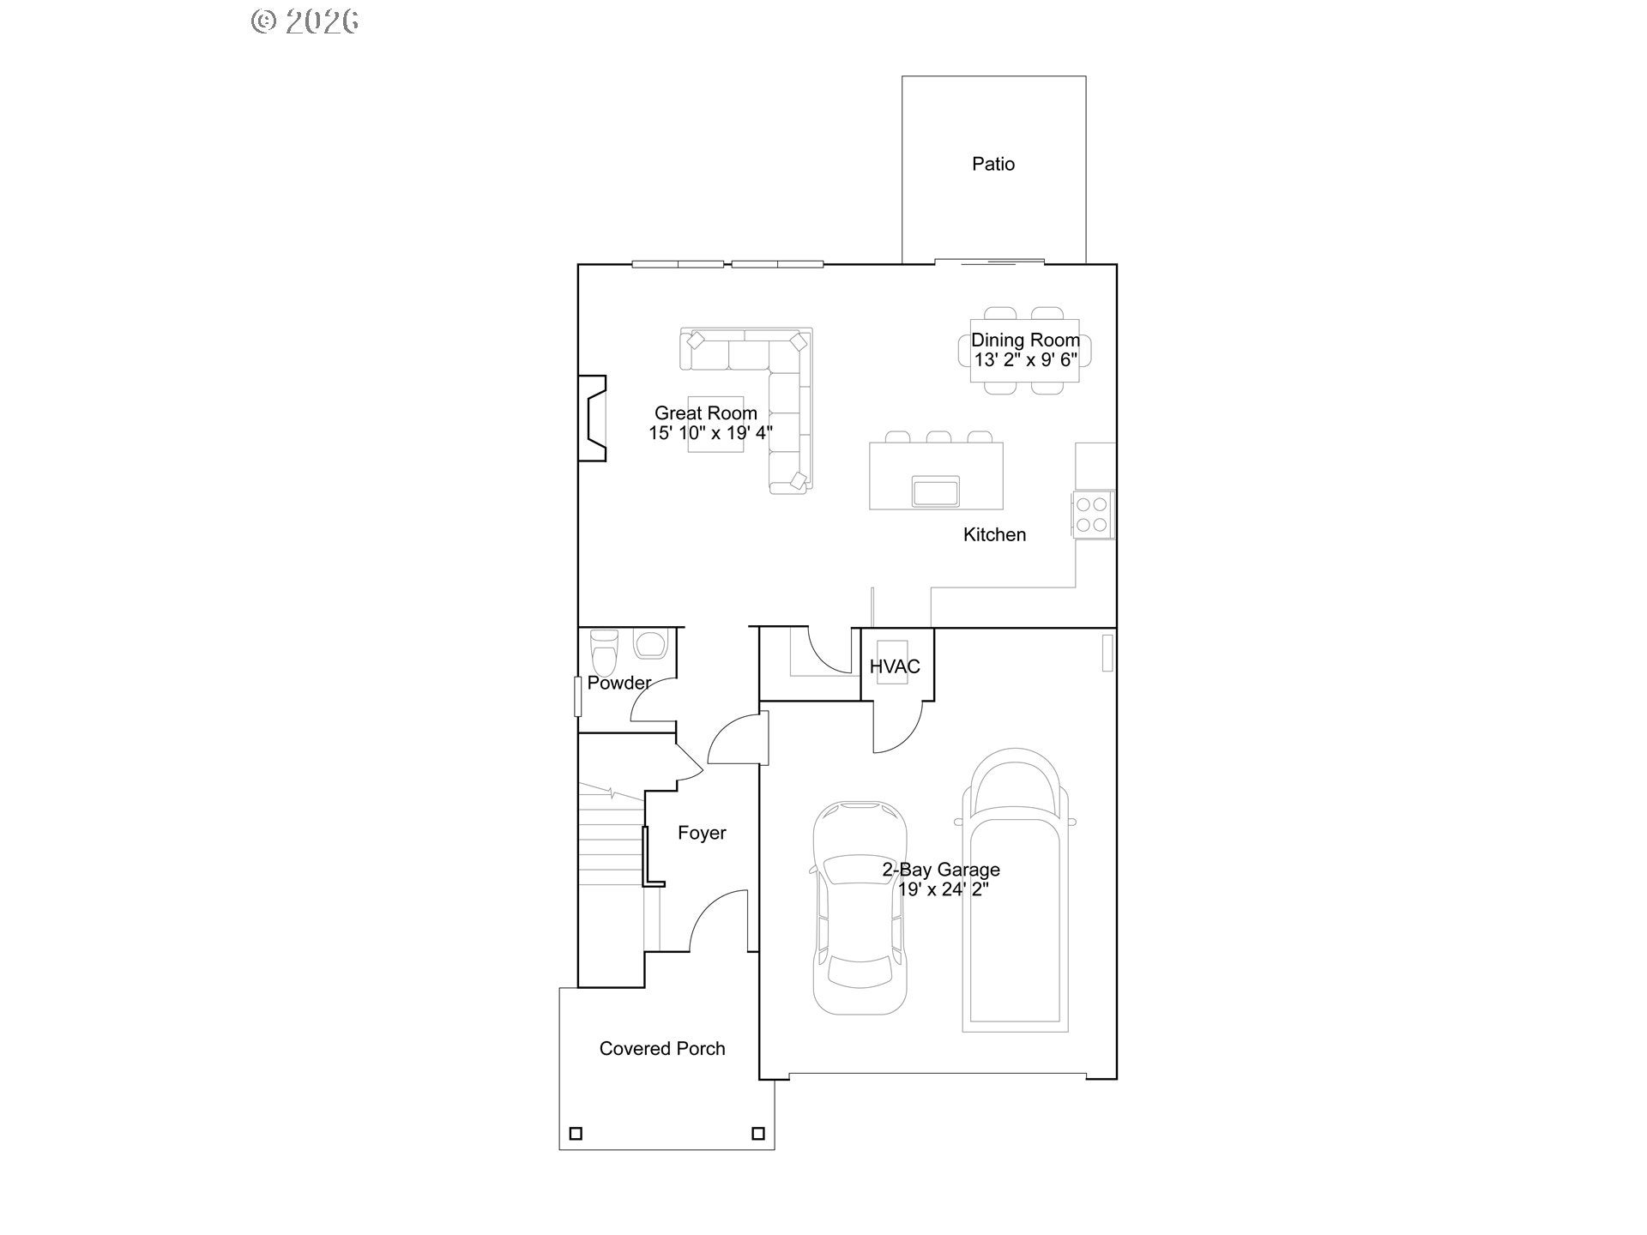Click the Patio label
[993, 164]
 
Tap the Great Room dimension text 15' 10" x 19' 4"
[710, 433]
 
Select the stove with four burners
[1093, 514]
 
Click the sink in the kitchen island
[936, 491]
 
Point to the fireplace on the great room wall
[592, 419]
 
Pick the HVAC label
[895, 666]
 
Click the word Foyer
[702, 833]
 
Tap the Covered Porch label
[662, 1048]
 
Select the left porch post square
[576, 1134]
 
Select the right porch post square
[758, 1134]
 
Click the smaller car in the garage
[859, 907]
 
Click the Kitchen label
[994, 534]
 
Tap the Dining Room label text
[1025, 340]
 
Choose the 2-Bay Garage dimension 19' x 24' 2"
[944, 889]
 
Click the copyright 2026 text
[305, 21]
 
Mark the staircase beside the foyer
[611, 866]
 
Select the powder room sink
[651, 645]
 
